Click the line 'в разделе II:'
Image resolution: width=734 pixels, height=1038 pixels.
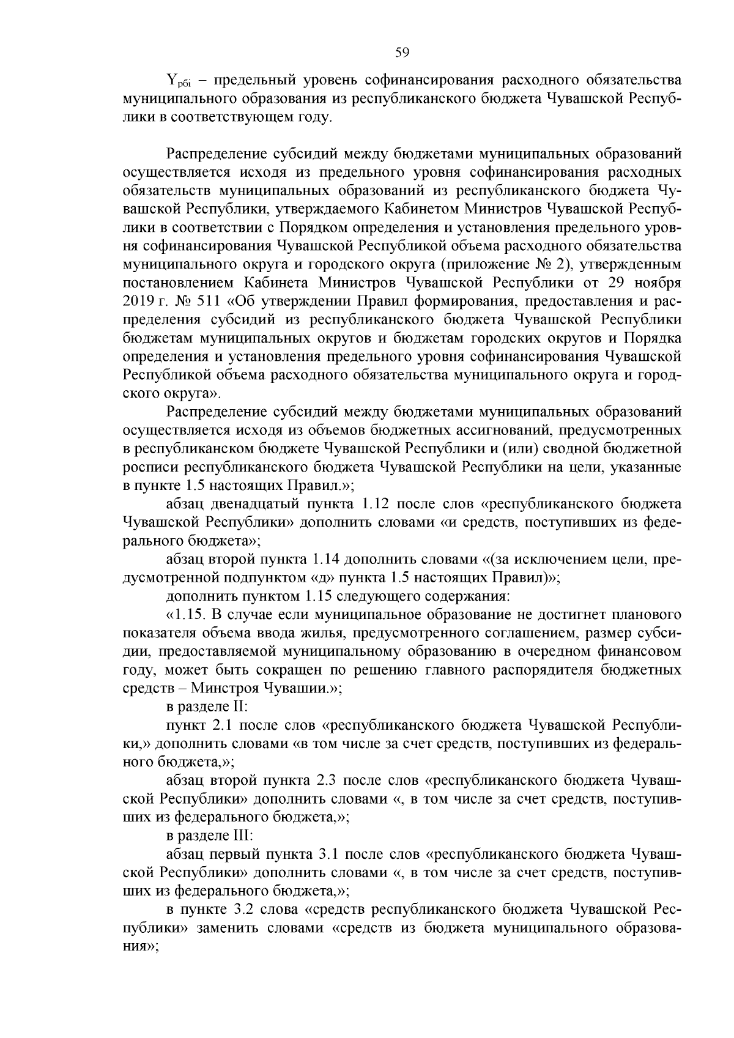click(207, 706)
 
